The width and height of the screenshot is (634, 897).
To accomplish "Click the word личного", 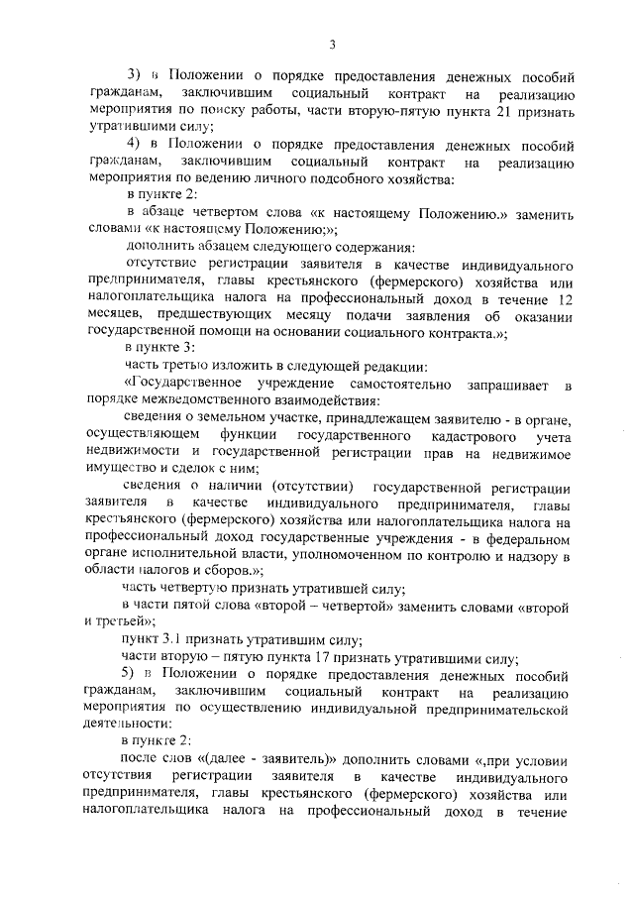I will pyautogui.click(x=280, y=179).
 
